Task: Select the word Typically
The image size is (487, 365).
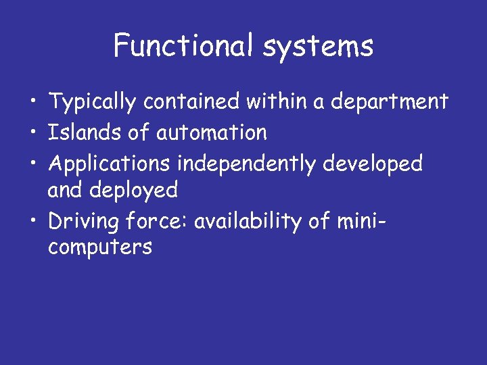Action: point(94,103)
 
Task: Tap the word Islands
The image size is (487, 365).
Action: point(85,132)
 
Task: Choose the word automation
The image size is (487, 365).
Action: point(212,132)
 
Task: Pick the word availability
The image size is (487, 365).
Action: point(254,222)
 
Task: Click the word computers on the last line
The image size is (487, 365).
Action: point(100,248)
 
